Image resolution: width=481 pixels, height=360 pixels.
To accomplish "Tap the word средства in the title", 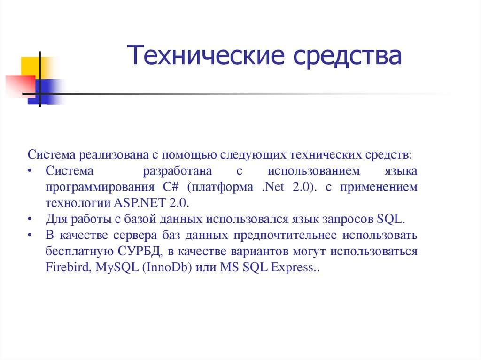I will (348, 55).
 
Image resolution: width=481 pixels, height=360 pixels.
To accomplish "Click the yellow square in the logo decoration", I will (30, 66).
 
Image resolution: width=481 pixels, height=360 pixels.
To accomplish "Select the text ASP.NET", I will (134, 203).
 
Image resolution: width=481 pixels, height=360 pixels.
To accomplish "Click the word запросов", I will (350, 219).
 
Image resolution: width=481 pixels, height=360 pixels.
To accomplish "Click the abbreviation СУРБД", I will (141, 251).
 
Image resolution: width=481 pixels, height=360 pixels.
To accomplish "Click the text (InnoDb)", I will (168, 268).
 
